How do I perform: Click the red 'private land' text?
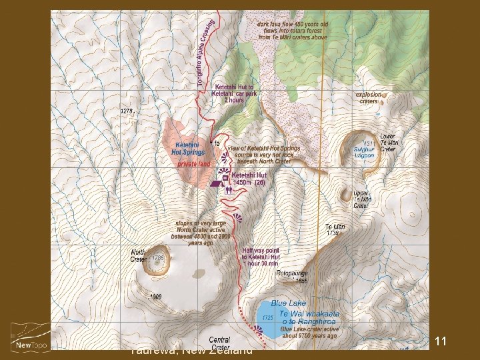(194, 163)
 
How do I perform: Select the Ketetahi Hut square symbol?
(226, 178)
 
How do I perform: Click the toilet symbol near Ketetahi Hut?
(228, 189)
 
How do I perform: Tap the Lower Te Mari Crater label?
(388, 143)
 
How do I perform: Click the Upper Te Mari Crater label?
(361, 200)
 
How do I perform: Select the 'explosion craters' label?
(369, 98)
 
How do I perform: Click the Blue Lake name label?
(288, 303)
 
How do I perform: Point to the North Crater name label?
(139, 255)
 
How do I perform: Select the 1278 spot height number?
(127, 111)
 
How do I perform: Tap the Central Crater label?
(219, 343)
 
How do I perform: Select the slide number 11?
(440, 341)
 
